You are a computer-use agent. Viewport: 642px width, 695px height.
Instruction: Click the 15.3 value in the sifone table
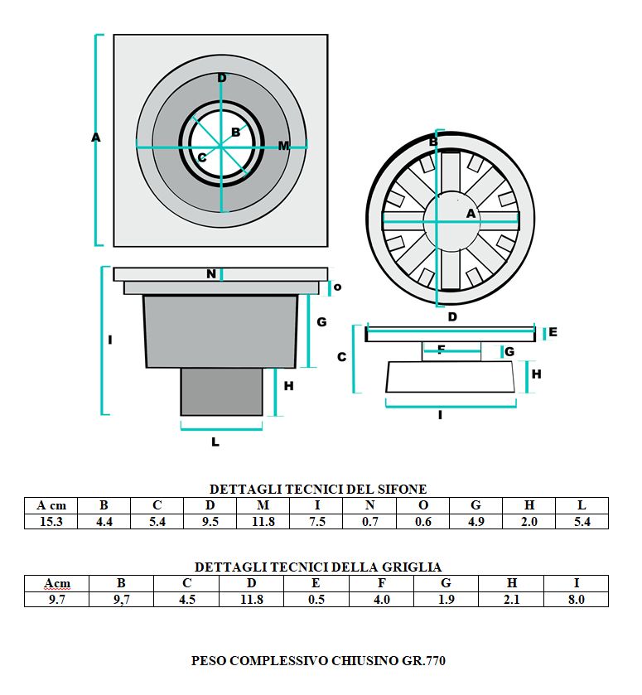coord(51,522)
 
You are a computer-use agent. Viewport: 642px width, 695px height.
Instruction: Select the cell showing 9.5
coord(210,522)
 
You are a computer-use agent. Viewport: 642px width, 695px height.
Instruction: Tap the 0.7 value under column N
coord(369,522)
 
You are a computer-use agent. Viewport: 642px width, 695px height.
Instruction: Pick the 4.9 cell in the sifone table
coord(475,522)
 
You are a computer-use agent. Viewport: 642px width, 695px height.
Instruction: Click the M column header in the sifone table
coord(263,505)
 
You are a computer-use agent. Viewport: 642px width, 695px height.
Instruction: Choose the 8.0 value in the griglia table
coord(576,599)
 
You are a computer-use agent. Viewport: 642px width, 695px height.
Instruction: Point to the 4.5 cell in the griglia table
coord(187,599)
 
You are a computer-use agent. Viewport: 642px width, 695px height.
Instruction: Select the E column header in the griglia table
coord(316,583)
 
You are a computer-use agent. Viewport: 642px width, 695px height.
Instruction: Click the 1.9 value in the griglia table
coord(446,599)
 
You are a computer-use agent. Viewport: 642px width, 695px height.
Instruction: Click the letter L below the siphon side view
coord(215,442)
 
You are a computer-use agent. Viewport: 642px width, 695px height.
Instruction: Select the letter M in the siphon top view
coord(283,146)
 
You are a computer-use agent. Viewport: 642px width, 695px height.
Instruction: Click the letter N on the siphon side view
coord(211,273)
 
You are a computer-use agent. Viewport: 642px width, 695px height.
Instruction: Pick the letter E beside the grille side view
coord(553,332)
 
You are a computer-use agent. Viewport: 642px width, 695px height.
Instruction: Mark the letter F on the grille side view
coord(441,350)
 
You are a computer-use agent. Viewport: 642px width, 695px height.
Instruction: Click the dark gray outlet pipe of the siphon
coord(221,392)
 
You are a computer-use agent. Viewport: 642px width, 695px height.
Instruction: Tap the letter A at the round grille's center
coord(471,214)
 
